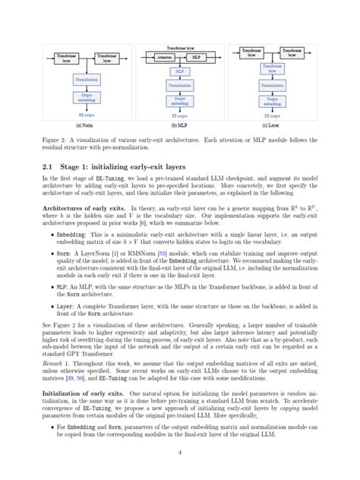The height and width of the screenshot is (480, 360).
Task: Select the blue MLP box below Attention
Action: (180, 71)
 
